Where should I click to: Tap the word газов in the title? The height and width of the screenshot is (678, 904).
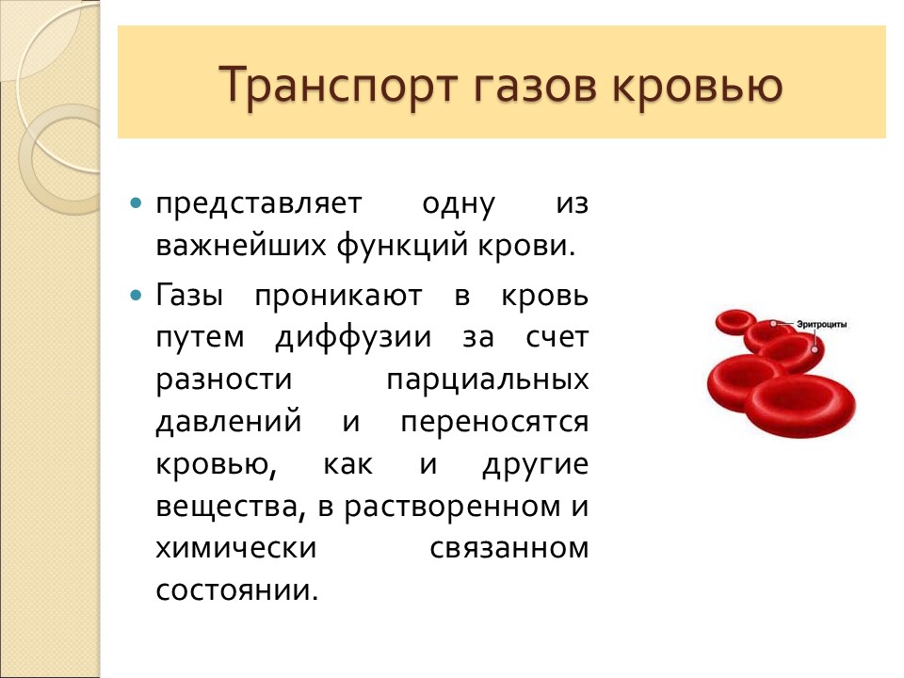531,85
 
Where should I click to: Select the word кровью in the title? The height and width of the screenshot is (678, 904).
696,85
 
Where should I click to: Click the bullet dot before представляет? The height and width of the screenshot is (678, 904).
137,203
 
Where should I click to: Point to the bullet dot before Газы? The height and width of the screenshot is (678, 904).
137,295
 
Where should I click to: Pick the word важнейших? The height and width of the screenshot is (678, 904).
240,248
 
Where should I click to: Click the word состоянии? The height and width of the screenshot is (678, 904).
236,591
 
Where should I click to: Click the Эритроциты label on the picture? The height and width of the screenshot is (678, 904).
821,324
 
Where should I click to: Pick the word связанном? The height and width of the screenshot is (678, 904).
508,548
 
